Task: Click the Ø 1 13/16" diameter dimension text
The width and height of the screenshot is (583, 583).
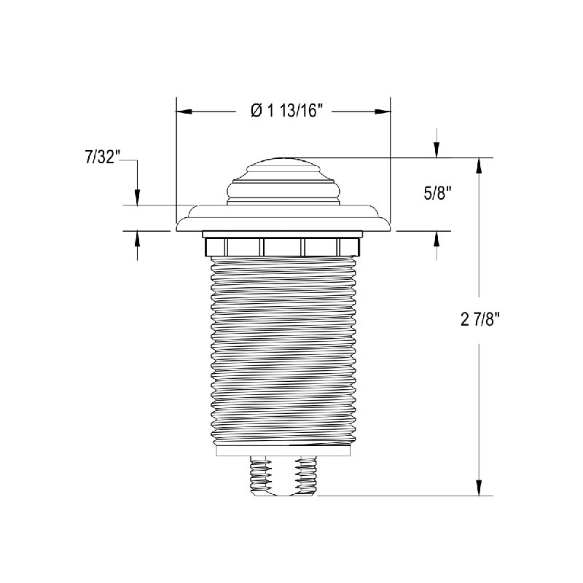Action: pos(286,111)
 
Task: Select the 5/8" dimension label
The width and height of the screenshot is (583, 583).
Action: pos(438,193)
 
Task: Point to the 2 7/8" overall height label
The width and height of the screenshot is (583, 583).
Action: pos(480,319)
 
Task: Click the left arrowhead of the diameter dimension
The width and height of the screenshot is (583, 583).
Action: pos(184,111)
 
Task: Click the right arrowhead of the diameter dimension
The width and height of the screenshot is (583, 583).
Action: pos(383,111)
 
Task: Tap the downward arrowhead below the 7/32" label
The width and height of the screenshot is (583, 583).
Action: pos(137,197)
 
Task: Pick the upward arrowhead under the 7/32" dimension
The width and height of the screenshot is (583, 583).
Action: pos(137,239)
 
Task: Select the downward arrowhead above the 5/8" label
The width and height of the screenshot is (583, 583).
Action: pos(437,150)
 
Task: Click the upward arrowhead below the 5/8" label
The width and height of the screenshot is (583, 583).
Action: pos(437,239)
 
